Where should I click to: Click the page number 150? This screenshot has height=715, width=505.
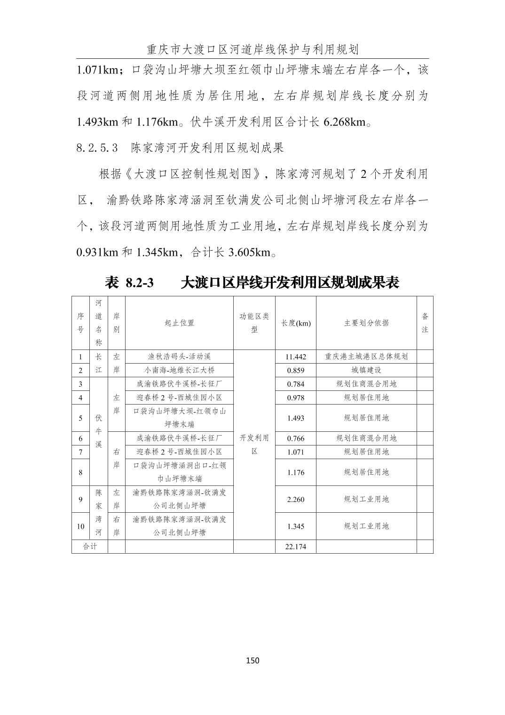click(252, 660)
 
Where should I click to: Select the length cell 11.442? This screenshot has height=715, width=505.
click(295, 357)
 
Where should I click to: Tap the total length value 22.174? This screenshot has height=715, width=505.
click(295, 547)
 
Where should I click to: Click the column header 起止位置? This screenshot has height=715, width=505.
click(179, 323)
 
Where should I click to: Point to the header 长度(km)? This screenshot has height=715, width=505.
click(296, 323)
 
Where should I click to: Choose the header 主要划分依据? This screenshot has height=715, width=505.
click(366, 323)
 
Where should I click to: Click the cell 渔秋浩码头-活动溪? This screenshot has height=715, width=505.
click(179, 357)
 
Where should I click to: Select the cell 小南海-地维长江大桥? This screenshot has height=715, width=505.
click(179, 370)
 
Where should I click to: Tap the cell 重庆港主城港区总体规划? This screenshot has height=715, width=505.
click(366, 357)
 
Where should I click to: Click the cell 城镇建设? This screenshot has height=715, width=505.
click(366, 370)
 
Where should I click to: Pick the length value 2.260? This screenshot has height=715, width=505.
click(295, 500)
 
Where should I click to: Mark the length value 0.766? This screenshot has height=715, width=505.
click(295, 438)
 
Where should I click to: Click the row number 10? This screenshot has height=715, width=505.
click(80, 526)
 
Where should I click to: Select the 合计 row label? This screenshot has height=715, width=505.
click(90, 547)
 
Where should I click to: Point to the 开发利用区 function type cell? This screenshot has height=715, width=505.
click(254, 445)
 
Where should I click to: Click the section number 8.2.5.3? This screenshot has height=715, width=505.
click(97, 148)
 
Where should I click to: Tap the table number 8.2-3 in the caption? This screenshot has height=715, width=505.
click(140, 283)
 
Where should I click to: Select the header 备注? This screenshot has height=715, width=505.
click(425, 323)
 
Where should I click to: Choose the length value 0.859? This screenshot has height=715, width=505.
click(295, 371)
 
